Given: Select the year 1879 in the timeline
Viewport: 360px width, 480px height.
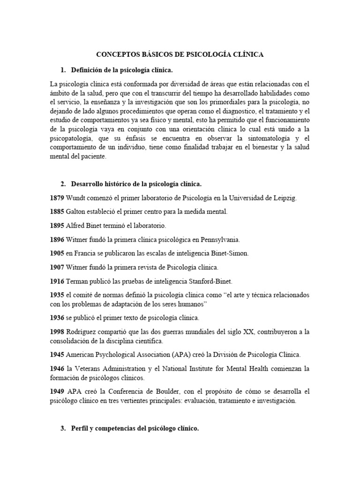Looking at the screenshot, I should coord(57,198).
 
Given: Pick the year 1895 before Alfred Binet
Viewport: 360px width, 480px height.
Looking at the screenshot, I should coord(57,226).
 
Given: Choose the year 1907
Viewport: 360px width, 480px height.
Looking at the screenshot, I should coord(57,267).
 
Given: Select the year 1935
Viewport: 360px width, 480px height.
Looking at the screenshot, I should coord(57,295).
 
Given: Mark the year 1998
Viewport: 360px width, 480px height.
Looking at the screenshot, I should coord(57,332).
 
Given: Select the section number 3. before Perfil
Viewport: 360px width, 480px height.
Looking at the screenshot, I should coord(63,428).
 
